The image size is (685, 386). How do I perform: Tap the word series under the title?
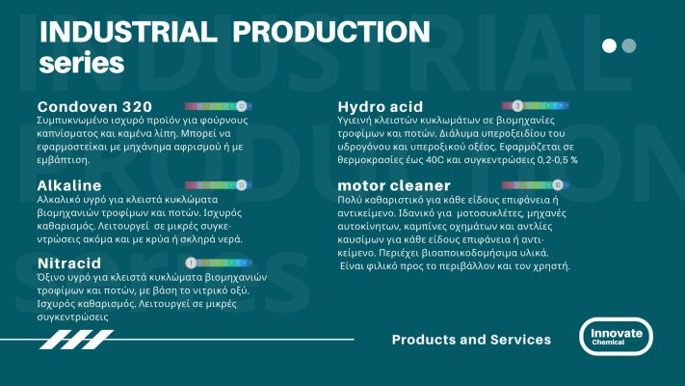(x=81, y=62)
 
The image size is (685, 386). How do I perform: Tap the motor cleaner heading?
(x=393, y=184)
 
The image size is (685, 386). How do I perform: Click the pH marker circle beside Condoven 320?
(x=241, y=104)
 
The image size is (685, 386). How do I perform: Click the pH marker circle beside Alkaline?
(x=241, y=183)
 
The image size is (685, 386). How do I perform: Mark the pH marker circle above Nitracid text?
(x=191, y=262)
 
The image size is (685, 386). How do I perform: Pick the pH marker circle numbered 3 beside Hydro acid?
(x=517, y=104)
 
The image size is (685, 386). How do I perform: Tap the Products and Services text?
(x=471, y=340)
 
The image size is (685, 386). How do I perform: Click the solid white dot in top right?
(x=609, y=45)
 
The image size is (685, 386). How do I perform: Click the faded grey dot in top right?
(x=629, y=45)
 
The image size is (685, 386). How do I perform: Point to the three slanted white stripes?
(x=76, y=339)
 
